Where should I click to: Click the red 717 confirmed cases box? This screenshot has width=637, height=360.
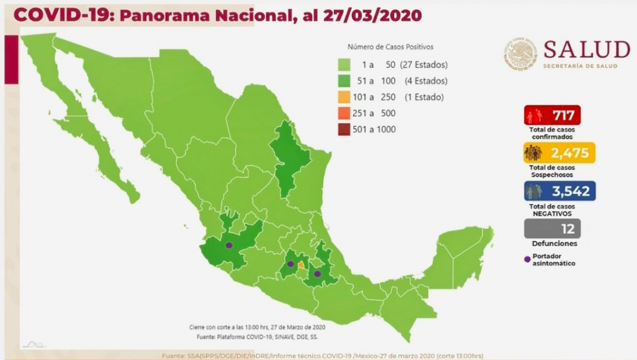(552, 114)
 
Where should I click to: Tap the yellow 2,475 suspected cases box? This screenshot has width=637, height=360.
(559, 153)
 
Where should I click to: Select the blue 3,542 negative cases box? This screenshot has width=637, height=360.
(559, 191)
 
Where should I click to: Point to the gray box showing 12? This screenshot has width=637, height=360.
(552, 228)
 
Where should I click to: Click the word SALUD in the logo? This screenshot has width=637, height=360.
(587, 49)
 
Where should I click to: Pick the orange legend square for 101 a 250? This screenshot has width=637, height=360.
(344, 97)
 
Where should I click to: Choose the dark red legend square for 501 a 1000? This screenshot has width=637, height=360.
(344, 129)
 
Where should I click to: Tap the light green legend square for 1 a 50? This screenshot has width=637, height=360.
(344, 64)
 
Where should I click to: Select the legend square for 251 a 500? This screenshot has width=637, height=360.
(344, 113)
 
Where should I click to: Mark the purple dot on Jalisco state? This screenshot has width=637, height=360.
(228, 245)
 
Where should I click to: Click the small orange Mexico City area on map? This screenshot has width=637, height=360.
(301, 265)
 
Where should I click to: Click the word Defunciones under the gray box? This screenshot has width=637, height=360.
(554, 243)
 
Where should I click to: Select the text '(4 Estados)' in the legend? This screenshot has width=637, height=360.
(426, 80)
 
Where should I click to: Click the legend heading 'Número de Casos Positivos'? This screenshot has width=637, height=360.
(390, 46)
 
